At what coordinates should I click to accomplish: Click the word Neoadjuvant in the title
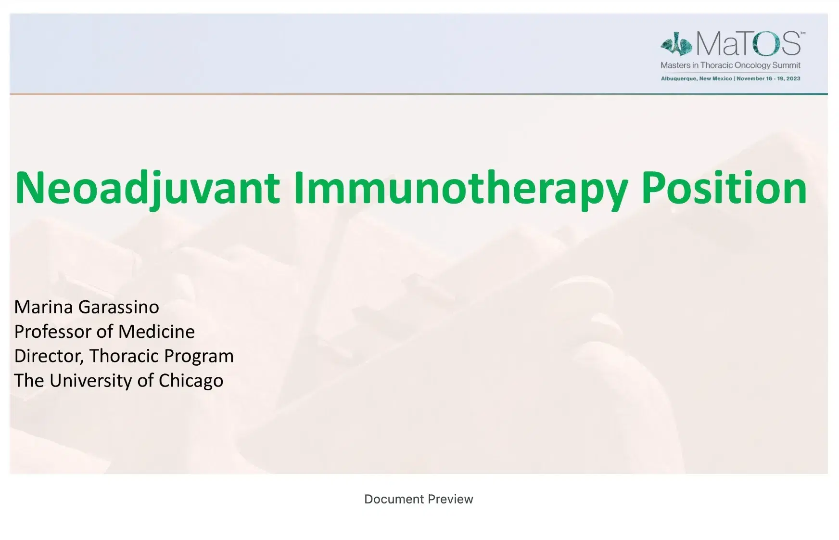[x=147, y=188]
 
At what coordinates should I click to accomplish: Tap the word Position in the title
[x=724, y=188]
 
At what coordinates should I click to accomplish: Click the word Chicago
[x=191, y=381]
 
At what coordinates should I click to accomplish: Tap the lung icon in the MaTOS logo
[x=676, y=45]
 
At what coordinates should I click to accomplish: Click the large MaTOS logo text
[x=748, y=44]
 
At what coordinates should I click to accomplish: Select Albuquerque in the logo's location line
[x=679, y=78]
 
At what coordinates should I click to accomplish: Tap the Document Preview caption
[x=419, y=499]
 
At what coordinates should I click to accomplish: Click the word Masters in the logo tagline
[x=675, y=65]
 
